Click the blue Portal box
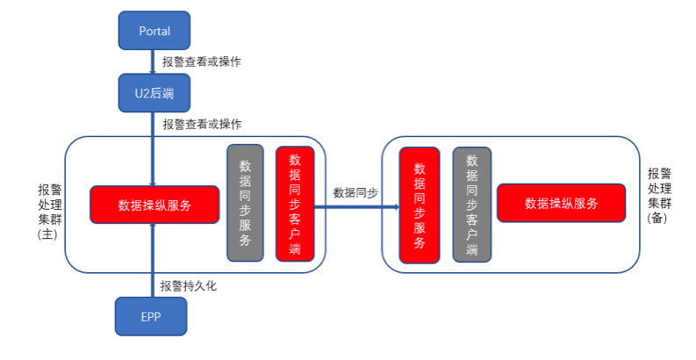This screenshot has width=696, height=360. pos(154,31)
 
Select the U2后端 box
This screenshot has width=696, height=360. pos(154,93)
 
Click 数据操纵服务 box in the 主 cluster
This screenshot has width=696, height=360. pos(154,205)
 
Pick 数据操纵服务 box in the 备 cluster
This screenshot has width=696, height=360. pos(561,203)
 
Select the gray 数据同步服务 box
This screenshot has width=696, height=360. pos(245,203)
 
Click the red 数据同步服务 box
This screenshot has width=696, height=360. pos(420,205)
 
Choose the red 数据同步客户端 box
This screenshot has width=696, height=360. pos(294,204)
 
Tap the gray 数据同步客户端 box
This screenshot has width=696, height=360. pos(471,205)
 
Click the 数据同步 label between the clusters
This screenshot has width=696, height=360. pos(355,193)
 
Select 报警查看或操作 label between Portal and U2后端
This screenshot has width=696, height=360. pos(202,61)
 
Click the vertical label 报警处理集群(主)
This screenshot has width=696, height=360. pos(49,212)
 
